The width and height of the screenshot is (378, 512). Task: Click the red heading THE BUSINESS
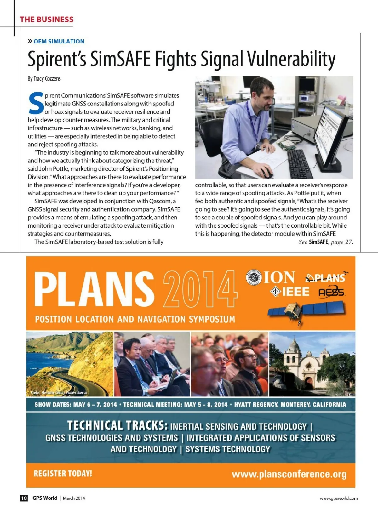[x=46, y=20]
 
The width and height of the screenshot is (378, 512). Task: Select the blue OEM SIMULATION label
[x=59, y=41]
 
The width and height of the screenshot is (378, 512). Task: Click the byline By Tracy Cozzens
[x=44, y=78]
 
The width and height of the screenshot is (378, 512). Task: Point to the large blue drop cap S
[x=36, y=103]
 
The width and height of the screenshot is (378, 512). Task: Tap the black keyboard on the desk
[x=299, y=163]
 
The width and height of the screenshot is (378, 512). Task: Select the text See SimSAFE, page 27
[x=326, y=242]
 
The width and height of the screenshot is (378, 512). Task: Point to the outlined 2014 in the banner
[x=200, y=289]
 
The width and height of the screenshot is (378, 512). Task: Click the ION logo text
[x=279, y=278]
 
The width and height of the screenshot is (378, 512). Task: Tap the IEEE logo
[x=290, y=292]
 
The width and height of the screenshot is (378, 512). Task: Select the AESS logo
[x=332, y=292]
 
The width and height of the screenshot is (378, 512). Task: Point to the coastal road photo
[x=70, y=364]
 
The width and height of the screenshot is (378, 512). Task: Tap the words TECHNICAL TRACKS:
[x=117, y=426]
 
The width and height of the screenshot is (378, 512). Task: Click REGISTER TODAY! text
[x=63, y=474]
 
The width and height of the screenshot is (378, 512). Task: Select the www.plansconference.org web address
[x=289, y=474]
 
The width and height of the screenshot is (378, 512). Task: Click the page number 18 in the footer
[x=24, y=498]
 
